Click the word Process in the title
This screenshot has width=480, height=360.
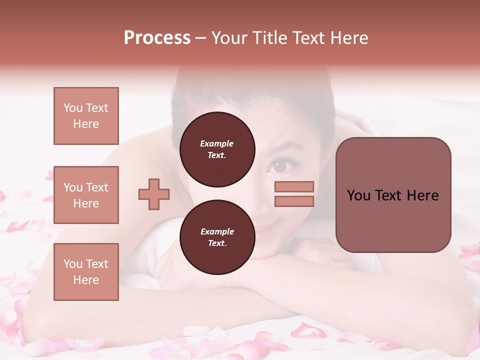[157, 37]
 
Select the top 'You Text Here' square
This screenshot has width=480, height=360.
[86, 116]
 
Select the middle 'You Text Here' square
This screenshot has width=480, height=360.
[86, 195]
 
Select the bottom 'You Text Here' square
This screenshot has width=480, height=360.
[86, 272]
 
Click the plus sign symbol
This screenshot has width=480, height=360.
[154, 194]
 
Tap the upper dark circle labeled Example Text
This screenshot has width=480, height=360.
[217, 149]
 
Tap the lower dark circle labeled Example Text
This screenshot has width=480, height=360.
[217, 237]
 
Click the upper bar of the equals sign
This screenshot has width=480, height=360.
[294, 187]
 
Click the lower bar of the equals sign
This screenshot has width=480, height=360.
[294, 201]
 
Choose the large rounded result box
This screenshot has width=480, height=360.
[393, 195]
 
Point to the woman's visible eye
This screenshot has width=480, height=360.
[280, 165]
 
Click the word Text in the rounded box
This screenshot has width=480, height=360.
[393, 195]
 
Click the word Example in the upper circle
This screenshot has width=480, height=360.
[217, 143]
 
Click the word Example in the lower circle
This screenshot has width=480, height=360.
[217, 231]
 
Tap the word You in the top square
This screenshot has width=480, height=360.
[73, 108]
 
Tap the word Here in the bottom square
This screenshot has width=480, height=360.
[86, 280]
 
